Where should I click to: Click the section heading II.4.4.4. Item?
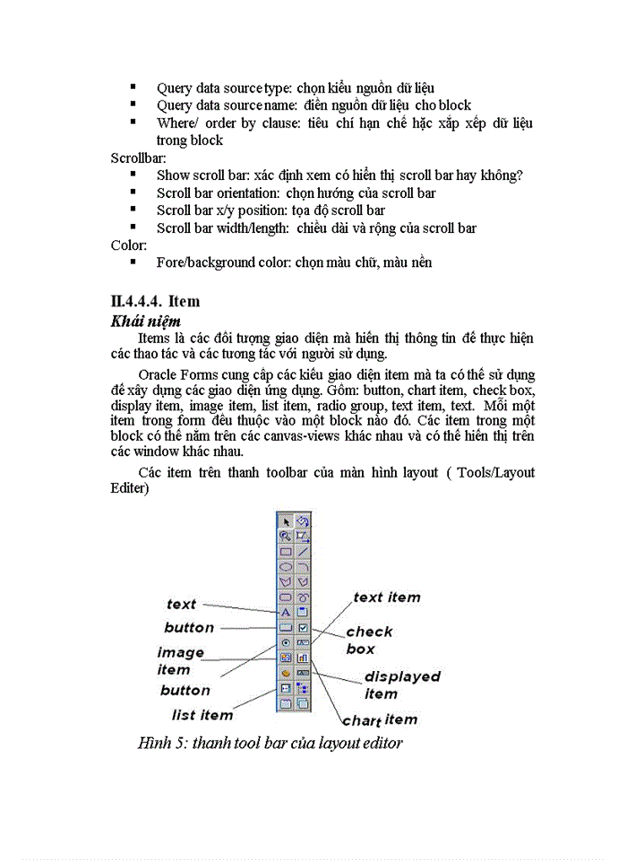coord(155,301)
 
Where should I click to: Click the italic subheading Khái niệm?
coord(146,320)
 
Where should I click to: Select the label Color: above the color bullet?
coord(129,245)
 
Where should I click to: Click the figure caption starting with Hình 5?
coord(270,743)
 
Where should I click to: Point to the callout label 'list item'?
coord(202,715)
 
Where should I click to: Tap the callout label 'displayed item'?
coord(401,684)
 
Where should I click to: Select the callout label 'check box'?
coord(369,640)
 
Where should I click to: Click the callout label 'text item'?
coord(386,598)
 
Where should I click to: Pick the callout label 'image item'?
coord(181,661)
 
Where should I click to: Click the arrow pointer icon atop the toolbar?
coord(287,520)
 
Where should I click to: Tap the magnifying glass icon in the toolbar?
coord(286,536)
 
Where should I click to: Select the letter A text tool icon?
coord(286,612)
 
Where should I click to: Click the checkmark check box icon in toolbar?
coord(303,627)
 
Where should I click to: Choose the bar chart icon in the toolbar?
coord(303,658)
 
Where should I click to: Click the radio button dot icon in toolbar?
coord(286,642)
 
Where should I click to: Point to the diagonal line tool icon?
coord(303,551)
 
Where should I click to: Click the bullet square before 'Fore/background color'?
coord(133,262)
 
